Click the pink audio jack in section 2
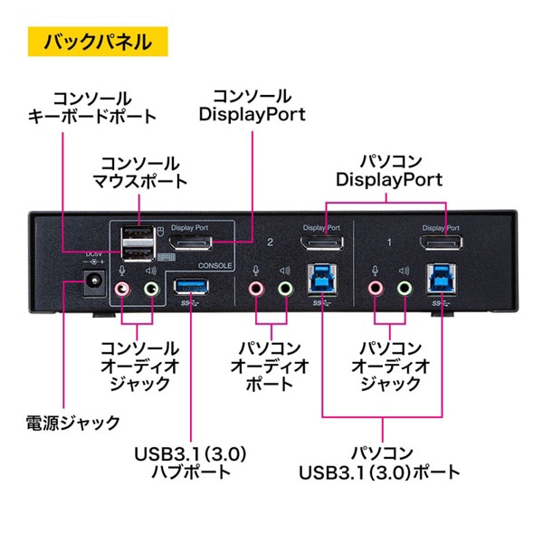pyautogui.click(x=257, y=289)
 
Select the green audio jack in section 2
pyautogui.click(x=286, y=289)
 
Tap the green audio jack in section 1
pyautogui.click(x=404, y=289)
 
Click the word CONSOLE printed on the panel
pyautogui.click(x=215, y=266)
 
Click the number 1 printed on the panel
pyautogui.click(x=388, y=243)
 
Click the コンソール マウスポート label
pyautogui.click(x=139, y=172)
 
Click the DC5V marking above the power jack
pyautogui.click(x=91, y=255)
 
